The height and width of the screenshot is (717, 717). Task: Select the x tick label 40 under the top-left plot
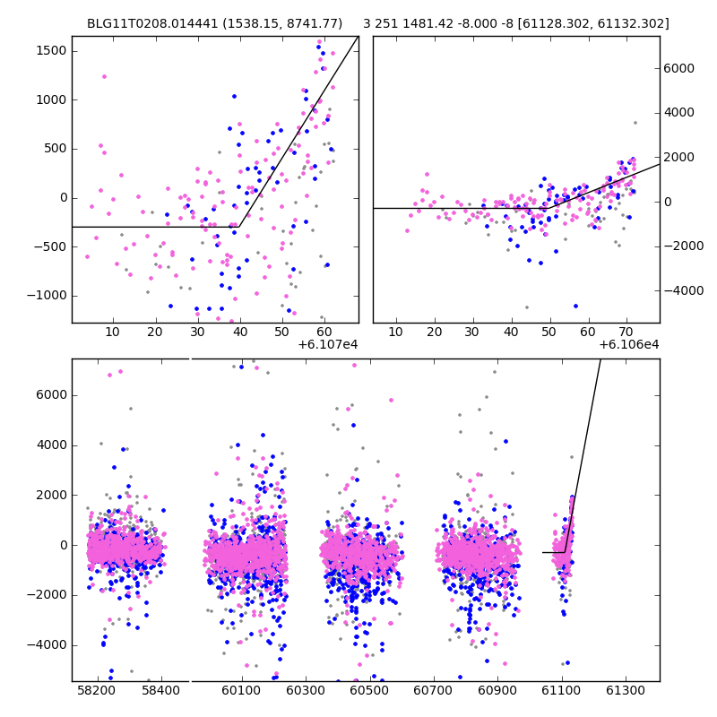click(239, 333)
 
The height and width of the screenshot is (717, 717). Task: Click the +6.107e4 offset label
click(328, 345)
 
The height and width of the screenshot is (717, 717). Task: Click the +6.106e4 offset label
click(629, 345)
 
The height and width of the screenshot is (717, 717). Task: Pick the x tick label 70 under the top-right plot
click(626, 333)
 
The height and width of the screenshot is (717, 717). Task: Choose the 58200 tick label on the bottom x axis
click(96, 692)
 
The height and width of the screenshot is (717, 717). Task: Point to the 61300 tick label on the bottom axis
click(625, 692)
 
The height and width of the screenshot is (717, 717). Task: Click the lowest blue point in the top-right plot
click(575, 306)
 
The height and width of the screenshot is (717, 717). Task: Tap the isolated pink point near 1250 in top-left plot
click(104, 76)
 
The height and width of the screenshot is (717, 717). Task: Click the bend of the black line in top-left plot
click(239, 227)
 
